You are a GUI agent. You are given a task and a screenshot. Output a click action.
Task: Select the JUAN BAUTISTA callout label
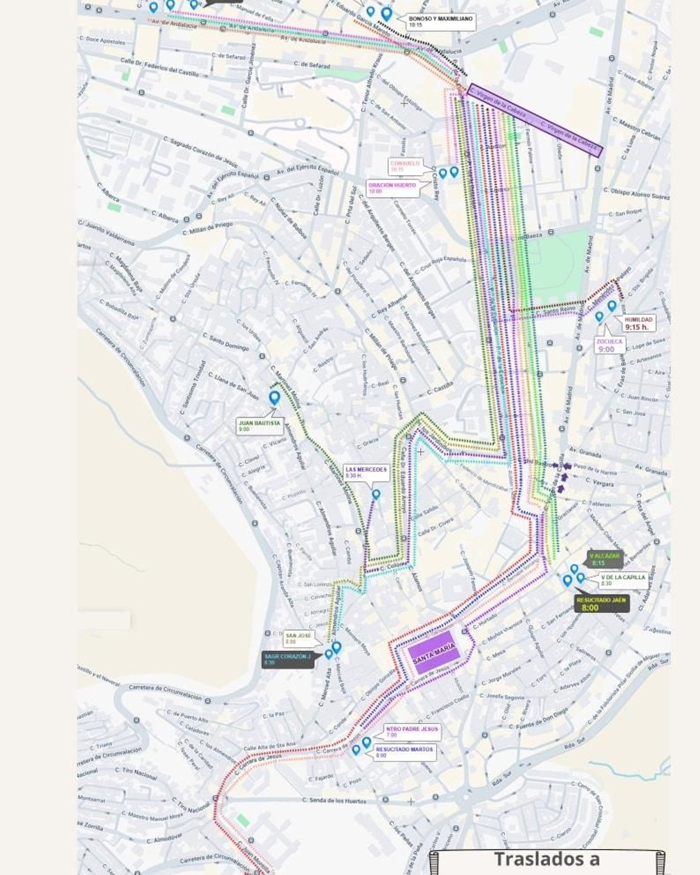tap(259, 426)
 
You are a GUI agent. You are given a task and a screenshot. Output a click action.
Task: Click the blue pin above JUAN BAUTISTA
tap(274, 397)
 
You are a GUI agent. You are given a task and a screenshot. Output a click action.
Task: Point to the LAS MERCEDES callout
tap(366, 472)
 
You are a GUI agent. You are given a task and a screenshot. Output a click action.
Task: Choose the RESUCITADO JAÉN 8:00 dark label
tap(602, 604)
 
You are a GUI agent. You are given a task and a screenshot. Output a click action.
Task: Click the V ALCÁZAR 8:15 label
tap(605, 559)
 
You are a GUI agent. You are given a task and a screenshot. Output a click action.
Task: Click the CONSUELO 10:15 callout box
tap(405, 166)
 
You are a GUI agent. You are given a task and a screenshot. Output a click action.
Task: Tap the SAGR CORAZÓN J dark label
tap(287, 659)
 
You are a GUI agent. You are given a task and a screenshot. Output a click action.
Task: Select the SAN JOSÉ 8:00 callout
tap(302, 638)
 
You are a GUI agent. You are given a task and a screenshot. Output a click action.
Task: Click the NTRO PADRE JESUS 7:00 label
tap(411, 731)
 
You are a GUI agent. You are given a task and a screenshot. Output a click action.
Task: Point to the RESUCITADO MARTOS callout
tap(404, 752)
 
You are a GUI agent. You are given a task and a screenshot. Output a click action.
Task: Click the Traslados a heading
tap(547, 859)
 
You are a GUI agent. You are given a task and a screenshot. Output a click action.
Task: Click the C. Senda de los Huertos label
tap(334, 801)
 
